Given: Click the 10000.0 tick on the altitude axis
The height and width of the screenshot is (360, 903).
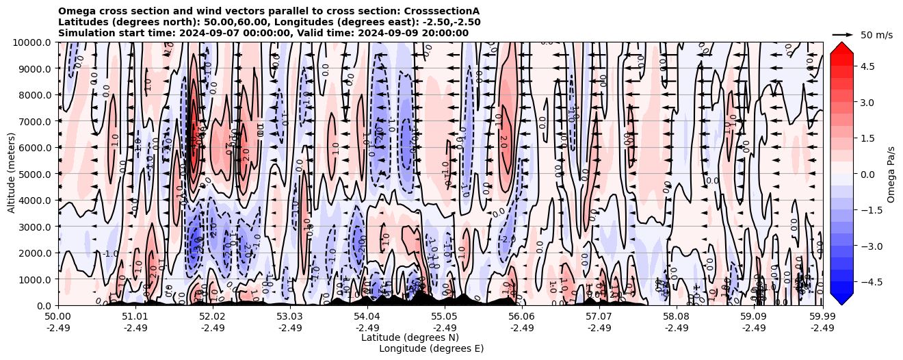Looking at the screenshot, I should tap(33, 42).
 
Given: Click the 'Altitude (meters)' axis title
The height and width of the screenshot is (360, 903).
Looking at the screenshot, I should tap(12, 174).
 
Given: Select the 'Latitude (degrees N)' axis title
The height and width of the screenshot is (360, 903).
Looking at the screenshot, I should tap(410, 337).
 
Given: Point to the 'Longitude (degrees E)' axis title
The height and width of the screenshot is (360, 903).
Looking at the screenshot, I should tap(431, 348).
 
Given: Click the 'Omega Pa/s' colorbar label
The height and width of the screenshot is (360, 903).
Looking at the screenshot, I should tap(891, 174).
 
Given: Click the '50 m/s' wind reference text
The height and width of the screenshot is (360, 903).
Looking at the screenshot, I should tap(876, 35).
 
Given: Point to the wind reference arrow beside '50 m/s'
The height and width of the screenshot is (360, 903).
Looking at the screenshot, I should tap(843, 34).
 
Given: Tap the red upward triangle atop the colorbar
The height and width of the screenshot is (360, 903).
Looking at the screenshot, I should tap(841, 47).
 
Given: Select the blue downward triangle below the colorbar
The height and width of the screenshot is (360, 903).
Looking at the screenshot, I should tap(841, 299).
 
